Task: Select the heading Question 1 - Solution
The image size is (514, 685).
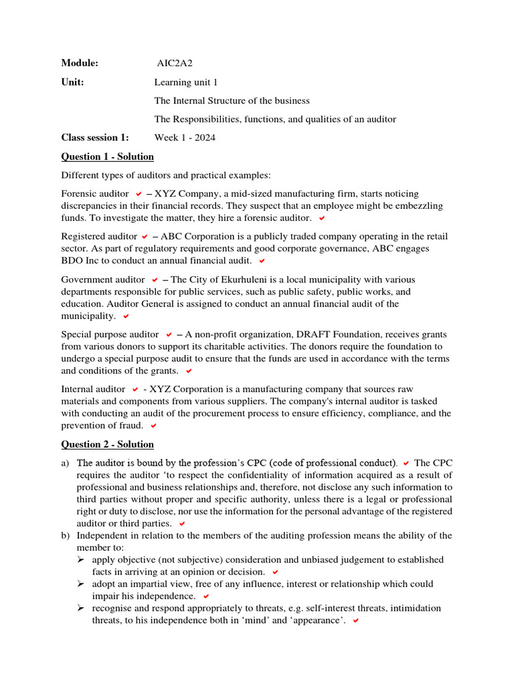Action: [x=107, y=157]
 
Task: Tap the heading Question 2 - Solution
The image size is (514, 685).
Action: [x=107, y=444]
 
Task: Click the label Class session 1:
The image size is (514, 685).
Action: [x=94, y=138]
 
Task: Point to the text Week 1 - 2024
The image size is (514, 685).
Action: [x=185, y=138]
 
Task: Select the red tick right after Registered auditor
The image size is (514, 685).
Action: [x=144, y=237]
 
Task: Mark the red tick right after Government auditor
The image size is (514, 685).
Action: [x=155, y=280]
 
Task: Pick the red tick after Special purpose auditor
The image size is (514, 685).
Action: [x=169, y=334]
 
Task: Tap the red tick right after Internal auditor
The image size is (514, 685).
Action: [x=135, y=389]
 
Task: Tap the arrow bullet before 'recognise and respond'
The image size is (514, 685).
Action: [x=81, y=608]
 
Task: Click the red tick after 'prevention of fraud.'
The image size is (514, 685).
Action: [x=153, y=425]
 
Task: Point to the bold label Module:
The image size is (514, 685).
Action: [x=80, y=64]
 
